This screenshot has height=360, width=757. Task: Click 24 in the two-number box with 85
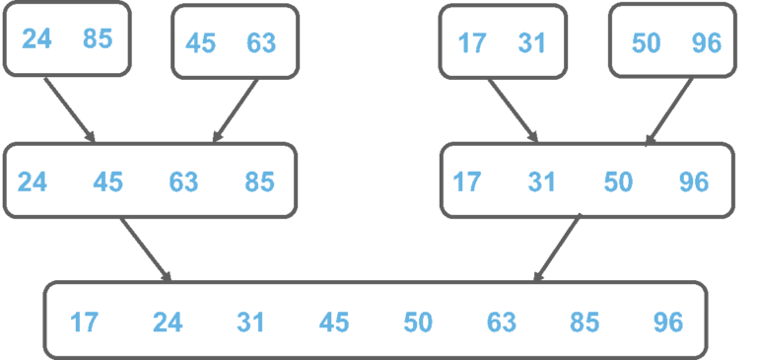[37, 38]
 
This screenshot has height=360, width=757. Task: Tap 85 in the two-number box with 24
[97, 38]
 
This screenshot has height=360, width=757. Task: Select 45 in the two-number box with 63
[201, 43]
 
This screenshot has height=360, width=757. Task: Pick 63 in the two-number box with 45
[260, 43]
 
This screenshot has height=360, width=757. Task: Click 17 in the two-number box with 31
[473, 43]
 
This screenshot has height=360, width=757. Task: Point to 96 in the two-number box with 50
[706, 43]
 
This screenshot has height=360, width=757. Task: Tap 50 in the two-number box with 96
[646, 43]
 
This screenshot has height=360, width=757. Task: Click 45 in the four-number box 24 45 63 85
[107, 182]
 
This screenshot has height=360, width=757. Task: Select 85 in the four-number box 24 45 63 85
[259, 182]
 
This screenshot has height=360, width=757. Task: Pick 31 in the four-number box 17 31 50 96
[541, 182]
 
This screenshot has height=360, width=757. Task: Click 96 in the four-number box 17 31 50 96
[693, 182]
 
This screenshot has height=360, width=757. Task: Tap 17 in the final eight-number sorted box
[84, 323]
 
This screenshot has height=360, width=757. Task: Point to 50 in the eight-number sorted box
[418, 323]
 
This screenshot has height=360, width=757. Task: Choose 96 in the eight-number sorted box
[668, 323]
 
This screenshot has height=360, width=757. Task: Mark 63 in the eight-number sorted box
[501, 323]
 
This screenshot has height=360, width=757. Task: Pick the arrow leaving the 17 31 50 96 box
[559, 247]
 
